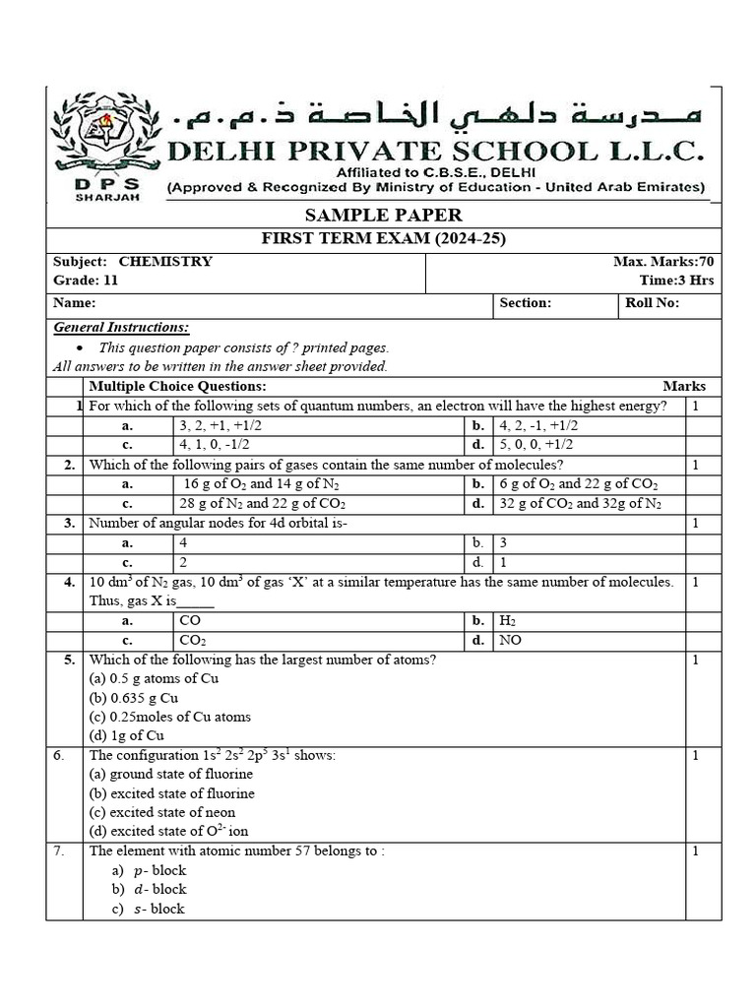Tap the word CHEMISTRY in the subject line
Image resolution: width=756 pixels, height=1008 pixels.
pyautogui.click(x=165, y=262)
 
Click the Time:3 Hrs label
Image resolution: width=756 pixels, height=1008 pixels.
pyautogui.click(x=676, y=281)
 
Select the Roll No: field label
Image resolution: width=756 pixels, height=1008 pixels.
pyautogui.click(x=652, y=303)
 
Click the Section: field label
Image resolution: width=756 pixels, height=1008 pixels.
pyautogui.click(x=526, y=303)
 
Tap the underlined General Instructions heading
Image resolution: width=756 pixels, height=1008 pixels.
pyautogui.click(x=121, y=327)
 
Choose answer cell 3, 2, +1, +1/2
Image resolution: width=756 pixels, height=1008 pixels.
pyautogui.click(x=220, y=426)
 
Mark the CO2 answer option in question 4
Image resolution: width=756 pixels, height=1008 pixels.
pyautogui.click(x=193, y=640)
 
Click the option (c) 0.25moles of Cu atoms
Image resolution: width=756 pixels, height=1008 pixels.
pyautogui.click(x=169, y=717)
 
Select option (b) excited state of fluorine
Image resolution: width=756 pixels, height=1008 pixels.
pyautogui.click(x=171, y=793)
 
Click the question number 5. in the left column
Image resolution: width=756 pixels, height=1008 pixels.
pyautogui.click(x=69, y=660)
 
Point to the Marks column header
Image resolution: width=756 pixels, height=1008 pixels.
pyautogui.click(x=683, y=387)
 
